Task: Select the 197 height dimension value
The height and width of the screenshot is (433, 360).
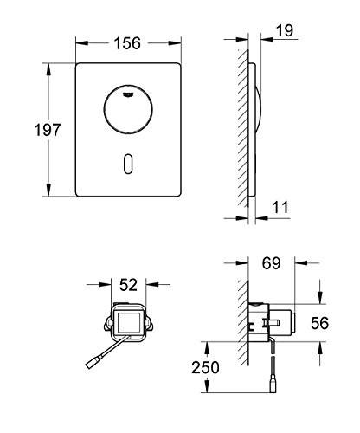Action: click(46, 131)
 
